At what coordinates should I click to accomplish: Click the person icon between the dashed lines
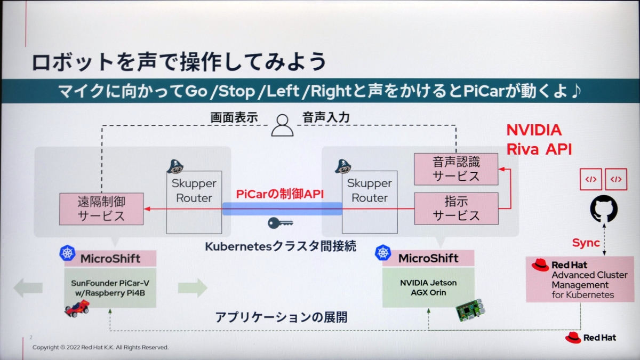282,125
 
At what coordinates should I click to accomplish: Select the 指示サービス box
456,208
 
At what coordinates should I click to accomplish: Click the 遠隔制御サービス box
101,208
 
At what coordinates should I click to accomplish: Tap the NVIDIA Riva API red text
539,140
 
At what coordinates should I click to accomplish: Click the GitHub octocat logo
604,209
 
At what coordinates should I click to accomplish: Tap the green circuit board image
471,311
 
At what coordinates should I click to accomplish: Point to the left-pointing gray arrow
28,288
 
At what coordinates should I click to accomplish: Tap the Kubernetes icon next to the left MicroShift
67,253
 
